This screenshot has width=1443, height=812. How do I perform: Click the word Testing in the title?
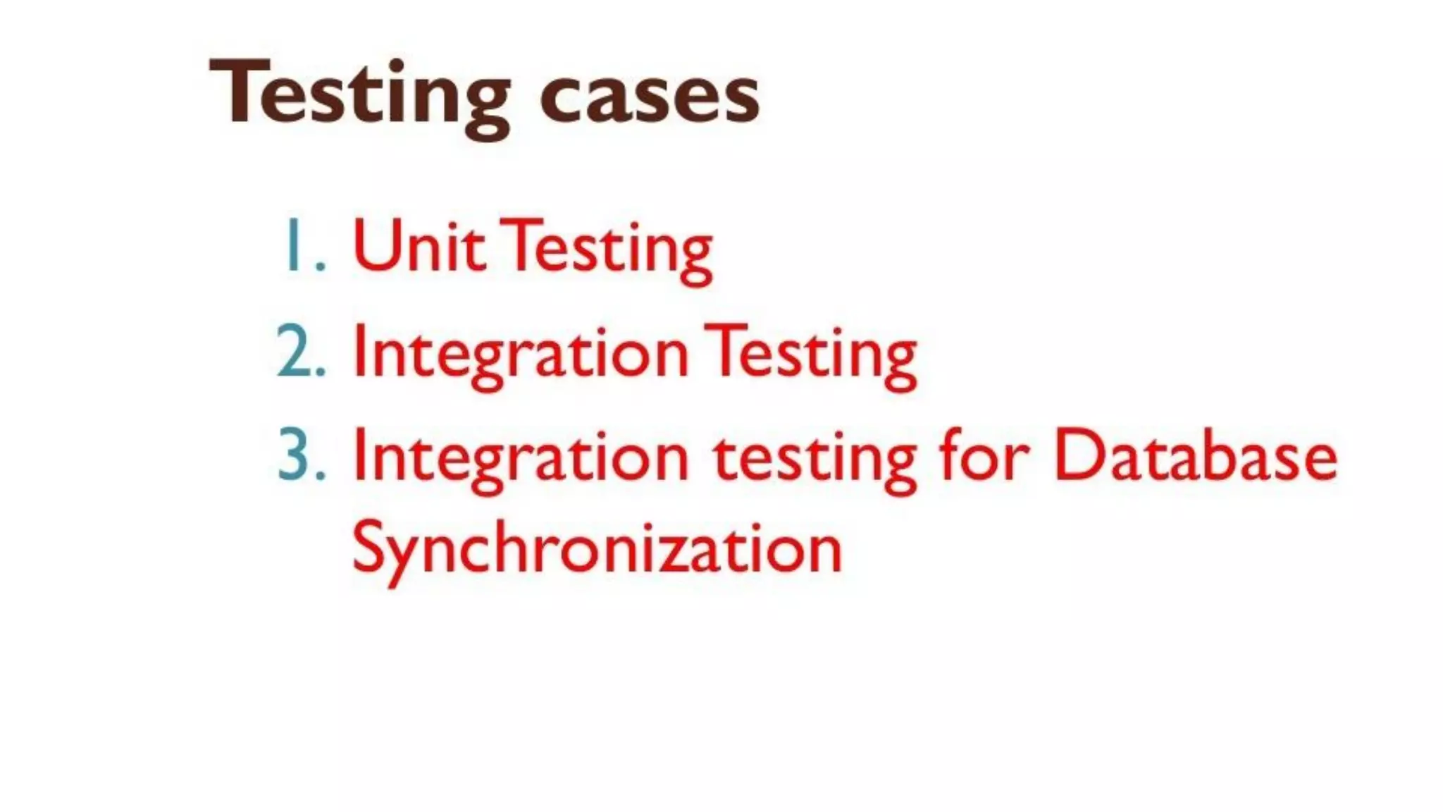pos(359,95)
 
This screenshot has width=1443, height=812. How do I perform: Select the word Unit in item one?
pos(419,247)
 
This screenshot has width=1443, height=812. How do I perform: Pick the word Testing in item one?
pos(610,249)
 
